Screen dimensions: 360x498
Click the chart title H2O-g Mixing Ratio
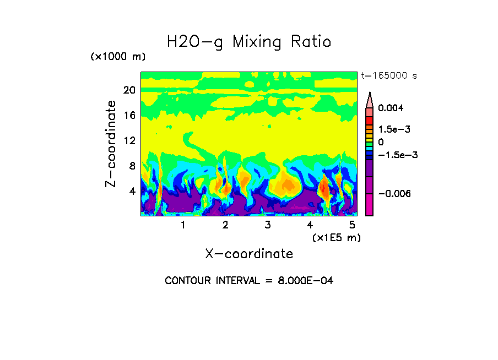[x=249, y=42]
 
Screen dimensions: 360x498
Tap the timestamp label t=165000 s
[x=388, y=75]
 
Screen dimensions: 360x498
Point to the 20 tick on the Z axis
[x=129, y=90]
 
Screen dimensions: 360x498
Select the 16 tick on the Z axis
[x=129, y=115]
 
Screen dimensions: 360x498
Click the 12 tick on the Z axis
[x=129, y=140]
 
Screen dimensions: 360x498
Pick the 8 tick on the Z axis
[x=132, y=166]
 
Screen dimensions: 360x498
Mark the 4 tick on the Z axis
[x=132, y=191]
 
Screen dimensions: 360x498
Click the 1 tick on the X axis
[x=183, y=225]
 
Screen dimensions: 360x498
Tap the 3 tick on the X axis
[x=268, y=225]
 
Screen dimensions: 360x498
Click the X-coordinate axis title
[x=249, y=254]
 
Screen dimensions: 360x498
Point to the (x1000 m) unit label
[x=118, y=57]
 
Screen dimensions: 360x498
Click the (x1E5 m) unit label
[x=336, y=237]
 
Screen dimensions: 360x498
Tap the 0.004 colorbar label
[x=391, y=108]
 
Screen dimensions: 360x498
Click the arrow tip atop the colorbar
[x=370, y=94]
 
